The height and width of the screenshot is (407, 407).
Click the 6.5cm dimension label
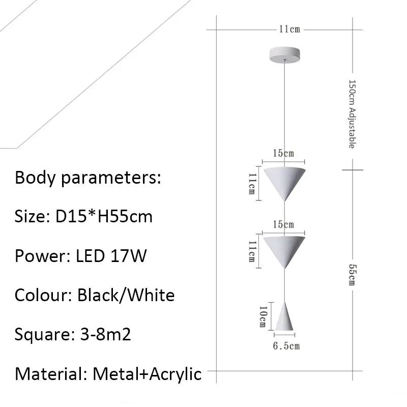tap(286, 346)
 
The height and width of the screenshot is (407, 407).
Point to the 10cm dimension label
tap(263, 316)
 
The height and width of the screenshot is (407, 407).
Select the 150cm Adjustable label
tap(351, 114)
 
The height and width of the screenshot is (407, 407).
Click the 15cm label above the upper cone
tap(283, 153)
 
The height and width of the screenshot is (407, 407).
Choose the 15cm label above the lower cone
tap(283, 224)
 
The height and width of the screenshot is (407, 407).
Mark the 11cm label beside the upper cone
tap(251, 184)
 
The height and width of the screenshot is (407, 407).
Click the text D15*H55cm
tap(103, 217)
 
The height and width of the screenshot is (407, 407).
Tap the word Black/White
tap(126, 295)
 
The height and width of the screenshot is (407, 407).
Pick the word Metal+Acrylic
tap(147, 374)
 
